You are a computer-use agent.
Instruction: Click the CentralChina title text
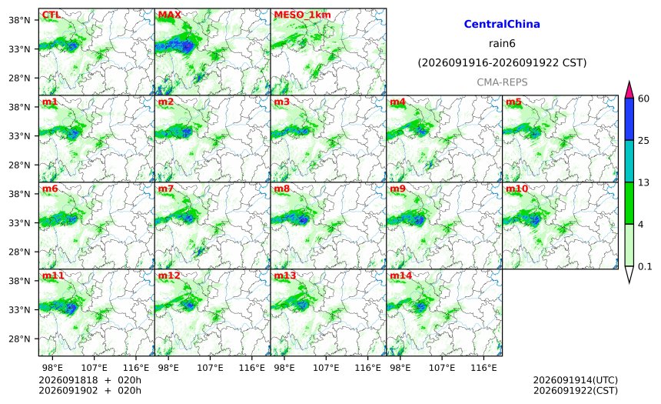(x=502, y=24)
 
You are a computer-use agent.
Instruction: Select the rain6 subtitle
(x=502, y=44)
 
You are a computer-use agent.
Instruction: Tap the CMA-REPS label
(x=502, y=82)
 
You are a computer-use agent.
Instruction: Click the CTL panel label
(x=51, y=15)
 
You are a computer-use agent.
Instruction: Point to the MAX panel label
(x=169, y=15)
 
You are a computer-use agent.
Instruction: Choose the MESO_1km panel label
(x=302, y=15)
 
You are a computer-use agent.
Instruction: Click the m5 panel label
(x=513, y=102)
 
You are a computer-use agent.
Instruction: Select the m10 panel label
(x=517, y=189)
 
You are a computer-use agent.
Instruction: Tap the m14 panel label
(x=400, y=275)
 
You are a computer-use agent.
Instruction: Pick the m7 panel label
(x=166, y=189)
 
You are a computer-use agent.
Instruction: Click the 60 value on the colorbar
(x=643, y=98)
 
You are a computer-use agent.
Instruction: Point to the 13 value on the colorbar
(x=643, y=183)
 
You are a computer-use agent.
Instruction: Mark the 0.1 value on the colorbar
(x=645, y=267)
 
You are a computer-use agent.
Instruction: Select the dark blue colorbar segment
(x=629, y=119)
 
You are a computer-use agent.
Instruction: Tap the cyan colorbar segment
(x=629, y=162)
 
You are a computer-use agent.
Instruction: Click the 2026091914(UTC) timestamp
(x=576, y=380)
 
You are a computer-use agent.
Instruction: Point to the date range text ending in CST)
(x=502, y=63)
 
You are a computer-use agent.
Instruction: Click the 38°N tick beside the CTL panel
(x=19, y=20)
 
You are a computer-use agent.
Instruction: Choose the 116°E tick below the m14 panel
(x=483, y=368)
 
